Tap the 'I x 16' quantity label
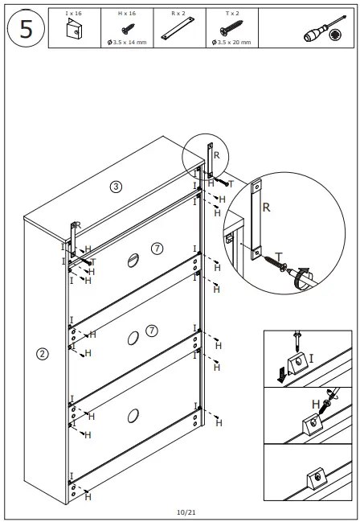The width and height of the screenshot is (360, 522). click(x=74, y=14)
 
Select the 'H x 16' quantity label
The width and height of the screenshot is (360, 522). click(x=126, y=14)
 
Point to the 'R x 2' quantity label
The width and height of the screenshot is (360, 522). click(x=178, y=14)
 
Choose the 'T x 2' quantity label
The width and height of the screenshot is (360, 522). click(x=231, y=14)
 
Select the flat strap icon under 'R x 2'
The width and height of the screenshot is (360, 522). click(x=178, y=33)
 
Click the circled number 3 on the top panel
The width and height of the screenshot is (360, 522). click(x=116, y=187)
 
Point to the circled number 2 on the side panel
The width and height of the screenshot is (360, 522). click(x=43, y=352)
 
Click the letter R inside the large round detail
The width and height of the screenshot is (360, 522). click(x=266, y=207)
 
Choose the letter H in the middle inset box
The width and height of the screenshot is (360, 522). click(x=316, y=405)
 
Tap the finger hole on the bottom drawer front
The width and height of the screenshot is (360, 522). click(x=132, y=417)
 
